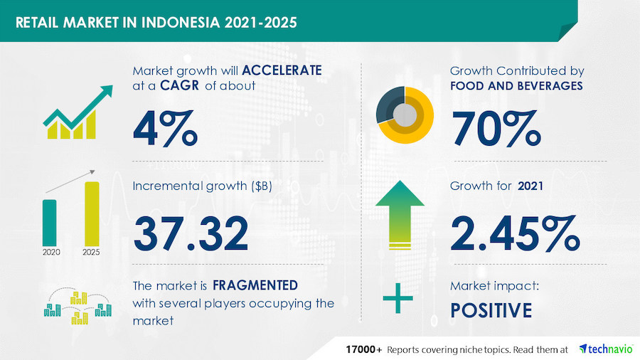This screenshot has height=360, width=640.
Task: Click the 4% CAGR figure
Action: (x=165, y=128)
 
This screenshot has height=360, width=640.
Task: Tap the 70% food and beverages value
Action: (x=496, y=128)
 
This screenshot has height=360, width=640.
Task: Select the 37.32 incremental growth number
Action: (x=191, y=233)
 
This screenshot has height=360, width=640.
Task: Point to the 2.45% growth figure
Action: (x=515, y=233)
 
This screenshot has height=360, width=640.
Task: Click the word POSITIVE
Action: (x=491, y=310)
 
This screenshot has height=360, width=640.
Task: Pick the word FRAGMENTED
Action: (x=255, y=285)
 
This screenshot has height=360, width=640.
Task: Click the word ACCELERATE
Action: (x=282, y=70)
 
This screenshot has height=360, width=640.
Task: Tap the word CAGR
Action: (x=180, y=85)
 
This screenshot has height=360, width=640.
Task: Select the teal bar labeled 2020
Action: (x=49, y=223)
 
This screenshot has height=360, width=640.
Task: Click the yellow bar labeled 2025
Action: (x=92, y=214)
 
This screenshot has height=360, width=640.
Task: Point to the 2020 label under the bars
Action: (x=51, y=253)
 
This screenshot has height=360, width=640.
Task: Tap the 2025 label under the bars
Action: (x=91, y=253)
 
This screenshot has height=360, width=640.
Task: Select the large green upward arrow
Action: (x=400, y=215)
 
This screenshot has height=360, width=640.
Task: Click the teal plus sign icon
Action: (x=398, y=298)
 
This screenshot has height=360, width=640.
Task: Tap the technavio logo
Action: (x=606, y=349)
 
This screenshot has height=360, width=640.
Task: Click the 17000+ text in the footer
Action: (x=364, y=350)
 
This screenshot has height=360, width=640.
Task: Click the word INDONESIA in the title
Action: (x=181, y=23)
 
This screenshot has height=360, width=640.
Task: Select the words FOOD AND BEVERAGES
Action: (x=516, y=85)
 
